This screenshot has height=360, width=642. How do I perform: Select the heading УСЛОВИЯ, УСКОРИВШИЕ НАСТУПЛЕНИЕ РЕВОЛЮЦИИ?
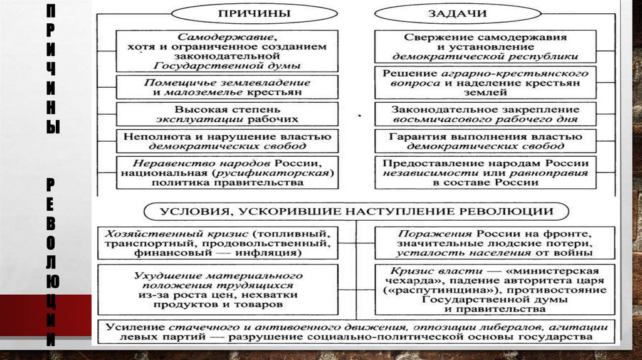tap(356, 210)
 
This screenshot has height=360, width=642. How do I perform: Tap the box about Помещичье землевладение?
tap(228, 87)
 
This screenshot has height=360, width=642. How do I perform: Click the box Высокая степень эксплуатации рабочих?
tap(228, 114)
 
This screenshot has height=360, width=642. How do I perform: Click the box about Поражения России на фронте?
tap(494, 242)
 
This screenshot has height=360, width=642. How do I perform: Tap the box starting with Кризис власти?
tap(494, 289)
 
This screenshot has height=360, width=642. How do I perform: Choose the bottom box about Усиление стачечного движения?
tap(356, 331)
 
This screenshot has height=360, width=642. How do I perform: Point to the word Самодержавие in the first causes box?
tap(227, 37)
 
